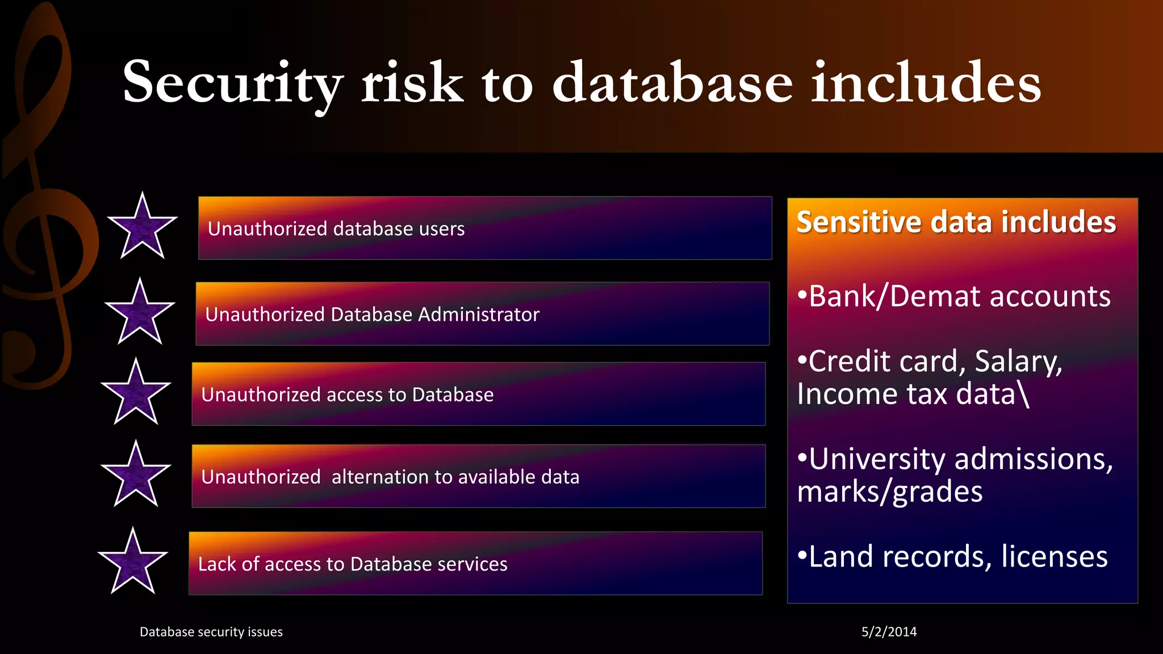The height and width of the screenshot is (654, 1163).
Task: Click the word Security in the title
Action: click(233, 83)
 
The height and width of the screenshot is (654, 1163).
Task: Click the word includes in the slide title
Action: click(926, 83)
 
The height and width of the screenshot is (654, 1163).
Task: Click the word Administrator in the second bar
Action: click(478, 315)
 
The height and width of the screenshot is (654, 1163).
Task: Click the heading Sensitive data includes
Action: click(956, 222)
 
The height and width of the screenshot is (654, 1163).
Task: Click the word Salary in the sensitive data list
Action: click(1018, 362)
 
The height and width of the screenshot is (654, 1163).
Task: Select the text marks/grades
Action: click(889, 492)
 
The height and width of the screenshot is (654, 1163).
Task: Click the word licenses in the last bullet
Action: click(1054, 556)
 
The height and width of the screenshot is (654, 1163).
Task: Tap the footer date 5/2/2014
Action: click(889, 632)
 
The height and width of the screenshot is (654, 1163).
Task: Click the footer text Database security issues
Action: click(211, 632)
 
